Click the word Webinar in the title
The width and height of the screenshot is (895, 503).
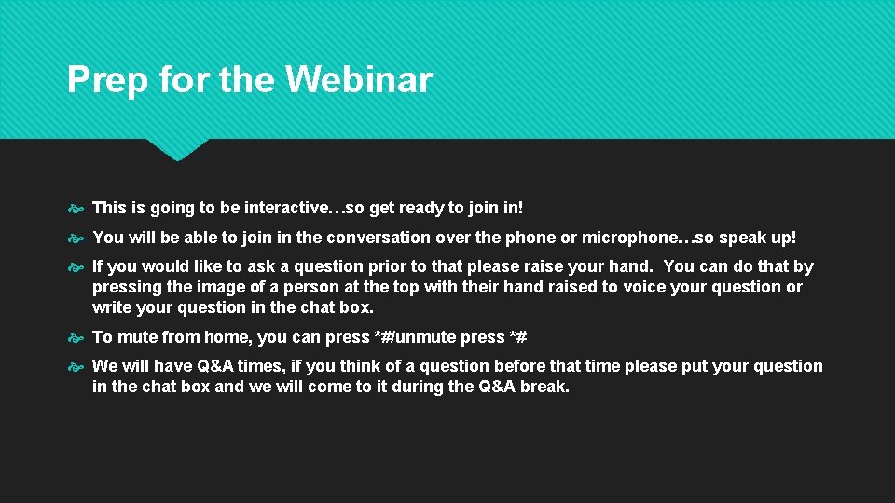tap(359, 80)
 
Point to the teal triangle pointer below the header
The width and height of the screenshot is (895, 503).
tap(177, 149)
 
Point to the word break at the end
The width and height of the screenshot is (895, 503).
tap(544, 386)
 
